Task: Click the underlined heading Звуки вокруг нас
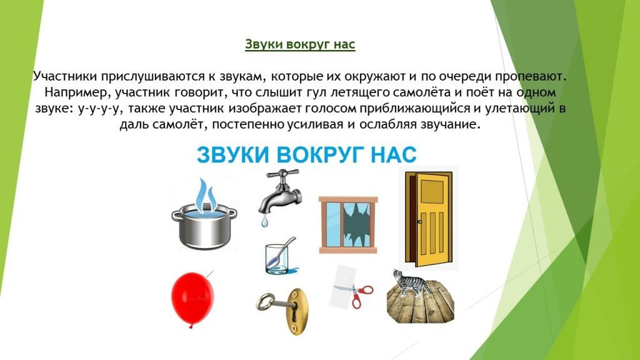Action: point(300,45)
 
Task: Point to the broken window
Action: point(348,226)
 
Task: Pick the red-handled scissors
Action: point(359,294)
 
